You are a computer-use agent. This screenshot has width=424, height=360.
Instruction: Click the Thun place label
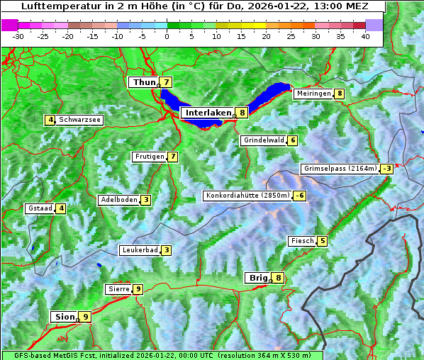click(x=144, y=83)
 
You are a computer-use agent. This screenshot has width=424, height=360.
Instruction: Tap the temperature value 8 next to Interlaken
click(x=242, y=113)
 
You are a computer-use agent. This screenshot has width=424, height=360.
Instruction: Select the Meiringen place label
click(x=313, y=94)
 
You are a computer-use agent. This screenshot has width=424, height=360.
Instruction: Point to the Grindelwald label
click(x=263, y=140)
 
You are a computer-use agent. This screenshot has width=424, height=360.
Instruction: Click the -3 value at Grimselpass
click(x=386, y=169)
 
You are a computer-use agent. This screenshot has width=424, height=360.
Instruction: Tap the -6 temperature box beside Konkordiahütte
click(x=301, y=196)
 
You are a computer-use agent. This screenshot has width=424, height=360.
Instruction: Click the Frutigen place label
click(x=149, y=157)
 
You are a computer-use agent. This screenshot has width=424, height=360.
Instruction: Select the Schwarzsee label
click(x=79, y=120)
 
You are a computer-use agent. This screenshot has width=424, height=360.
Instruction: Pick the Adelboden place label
click(x=118, y=200)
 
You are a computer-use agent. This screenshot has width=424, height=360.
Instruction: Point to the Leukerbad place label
click(x=139, y=250)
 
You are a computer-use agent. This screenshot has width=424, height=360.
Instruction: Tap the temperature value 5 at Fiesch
click(x=323, y=241)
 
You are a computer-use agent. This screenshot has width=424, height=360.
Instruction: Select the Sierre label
click(x=118, y=289)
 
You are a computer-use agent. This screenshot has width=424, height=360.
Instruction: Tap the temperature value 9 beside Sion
click(x=86, y=317)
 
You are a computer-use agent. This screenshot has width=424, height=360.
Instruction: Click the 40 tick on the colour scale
click(x=365, y=36)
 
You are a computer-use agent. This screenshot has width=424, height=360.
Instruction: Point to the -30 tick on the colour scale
click(x=18, y=36)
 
